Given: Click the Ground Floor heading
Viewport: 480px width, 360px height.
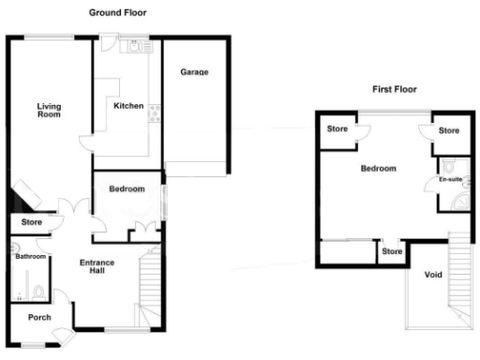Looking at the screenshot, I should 117,13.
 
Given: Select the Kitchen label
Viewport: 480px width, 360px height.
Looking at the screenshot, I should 128,106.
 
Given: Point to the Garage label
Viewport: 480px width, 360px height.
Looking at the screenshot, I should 194,72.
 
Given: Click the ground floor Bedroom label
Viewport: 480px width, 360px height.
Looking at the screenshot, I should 127,189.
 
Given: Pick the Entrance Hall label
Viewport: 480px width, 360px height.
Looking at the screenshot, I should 97,267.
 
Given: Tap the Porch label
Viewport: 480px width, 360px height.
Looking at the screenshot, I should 39,316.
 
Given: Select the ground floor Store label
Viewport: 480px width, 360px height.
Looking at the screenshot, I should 32,222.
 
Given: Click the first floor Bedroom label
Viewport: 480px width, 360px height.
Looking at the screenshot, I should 378,169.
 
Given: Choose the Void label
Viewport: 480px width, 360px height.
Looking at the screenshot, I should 433,275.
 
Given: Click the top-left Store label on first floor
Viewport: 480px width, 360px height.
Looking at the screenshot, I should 337,130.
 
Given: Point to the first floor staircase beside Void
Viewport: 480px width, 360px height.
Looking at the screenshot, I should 458,272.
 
